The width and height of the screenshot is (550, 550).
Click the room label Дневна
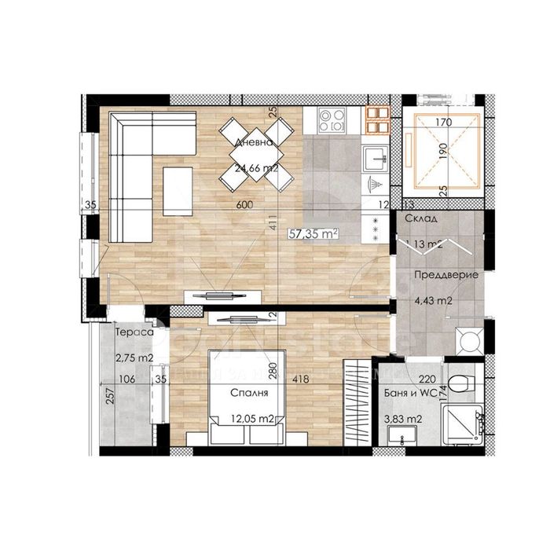[254, 143]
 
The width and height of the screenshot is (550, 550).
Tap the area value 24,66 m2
[255, 168]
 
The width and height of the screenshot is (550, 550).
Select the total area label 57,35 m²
[313, 233]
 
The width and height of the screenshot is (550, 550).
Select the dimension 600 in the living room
[244, 205]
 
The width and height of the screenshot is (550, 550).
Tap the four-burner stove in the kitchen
[332, 120]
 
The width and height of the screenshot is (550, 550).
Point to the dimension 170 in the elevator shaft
[444, 123]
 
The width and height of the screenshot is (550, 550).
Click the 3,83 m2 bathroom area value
[406, 420]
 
